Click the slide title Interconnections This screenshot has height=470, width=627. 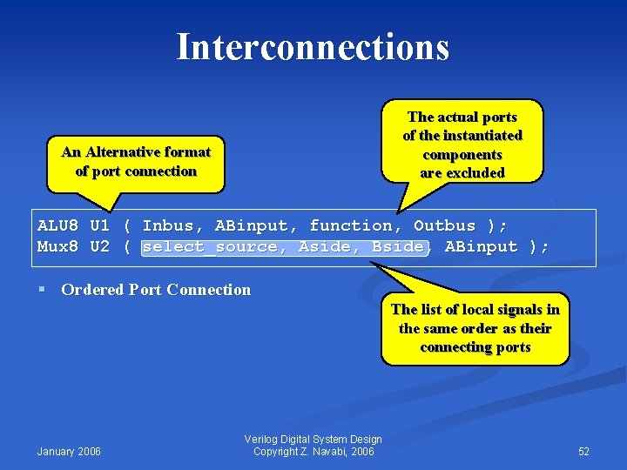[x=313, y=47]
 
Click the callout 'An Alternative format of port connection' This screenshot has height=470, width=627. [x=136, y=162]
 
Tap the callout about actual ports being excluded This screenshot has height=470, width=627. [x=462, y=144]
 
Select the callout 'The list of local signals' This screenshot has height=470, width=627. [x=475, y=328]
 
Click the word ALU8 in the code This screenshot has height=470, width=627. [x=57, y=225]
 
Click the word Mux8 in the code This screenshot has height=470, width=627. [x=57, y=246]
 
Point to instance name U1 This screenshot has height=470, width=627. [x=100, y=225]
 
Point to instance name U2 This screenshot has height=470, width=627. [x=100, y=246]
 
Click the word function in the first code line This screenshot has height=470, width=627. [x=350, y=225]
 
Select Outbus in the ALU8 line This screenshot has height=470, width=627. [x=444, y=225]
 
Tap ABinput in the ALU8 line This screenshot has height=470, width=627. [x=256, y=225]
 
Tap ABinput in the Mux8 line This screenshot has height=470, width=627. [x=481, y=246]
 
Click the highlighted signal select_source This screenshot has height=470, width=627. [x=210, y=246]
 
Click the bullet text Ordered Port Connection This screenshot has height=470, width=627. [x=156, y=290]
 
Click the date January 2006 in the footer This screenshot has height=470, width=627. [x=69, y=451]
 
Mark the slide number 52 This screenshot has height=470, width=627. [x=583, y=451]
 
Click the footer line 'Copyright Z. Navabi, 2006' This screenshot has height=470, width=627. [x=313, y=451]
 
